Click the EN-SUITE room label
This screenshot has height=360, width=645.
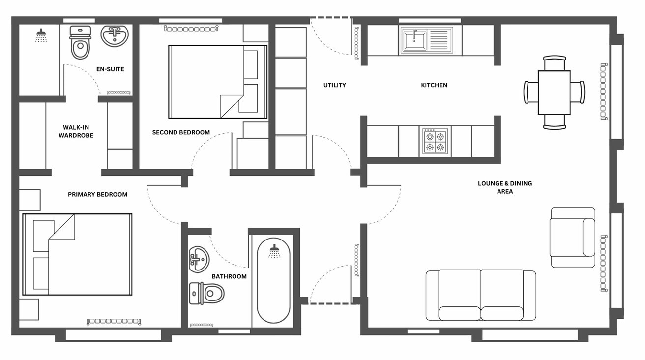pos(110,69)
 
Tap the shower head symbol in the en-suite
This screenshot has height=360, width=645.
pos(41,35)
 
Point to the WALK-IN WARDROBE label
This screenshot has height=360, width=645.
pos(76,131)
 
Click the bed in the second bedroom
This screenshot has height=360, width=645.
pos(218,82)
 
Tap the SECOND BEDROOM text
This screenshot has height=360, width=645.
pos(181,132)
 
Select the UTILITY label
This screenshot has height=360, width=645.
pos(335,85)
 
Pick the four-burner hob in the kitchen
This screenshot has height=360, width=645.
pos(435,141)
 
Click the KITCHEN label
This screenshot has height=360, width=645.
pos(434,85)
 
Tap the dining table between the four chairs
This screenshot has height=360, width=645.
pos(555,92)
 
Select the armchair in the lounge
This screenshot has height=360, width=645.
pos(572,238)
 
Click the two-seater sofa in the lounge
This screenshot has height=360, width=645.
pos(481,295)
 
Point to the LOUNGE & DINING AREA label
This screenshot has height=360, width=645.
pos(505,187)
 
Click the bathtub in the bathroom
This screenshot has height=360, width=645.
pos(273,280)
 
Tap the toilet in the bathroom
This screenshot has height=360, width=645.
pos(206,294)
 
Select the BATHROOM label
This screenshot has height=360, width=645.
pos(229,276)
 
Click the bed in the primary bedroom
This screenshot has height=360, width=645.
pos(78,254)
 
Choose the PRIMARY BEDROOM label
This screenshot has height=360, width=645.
pos(98,194)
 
